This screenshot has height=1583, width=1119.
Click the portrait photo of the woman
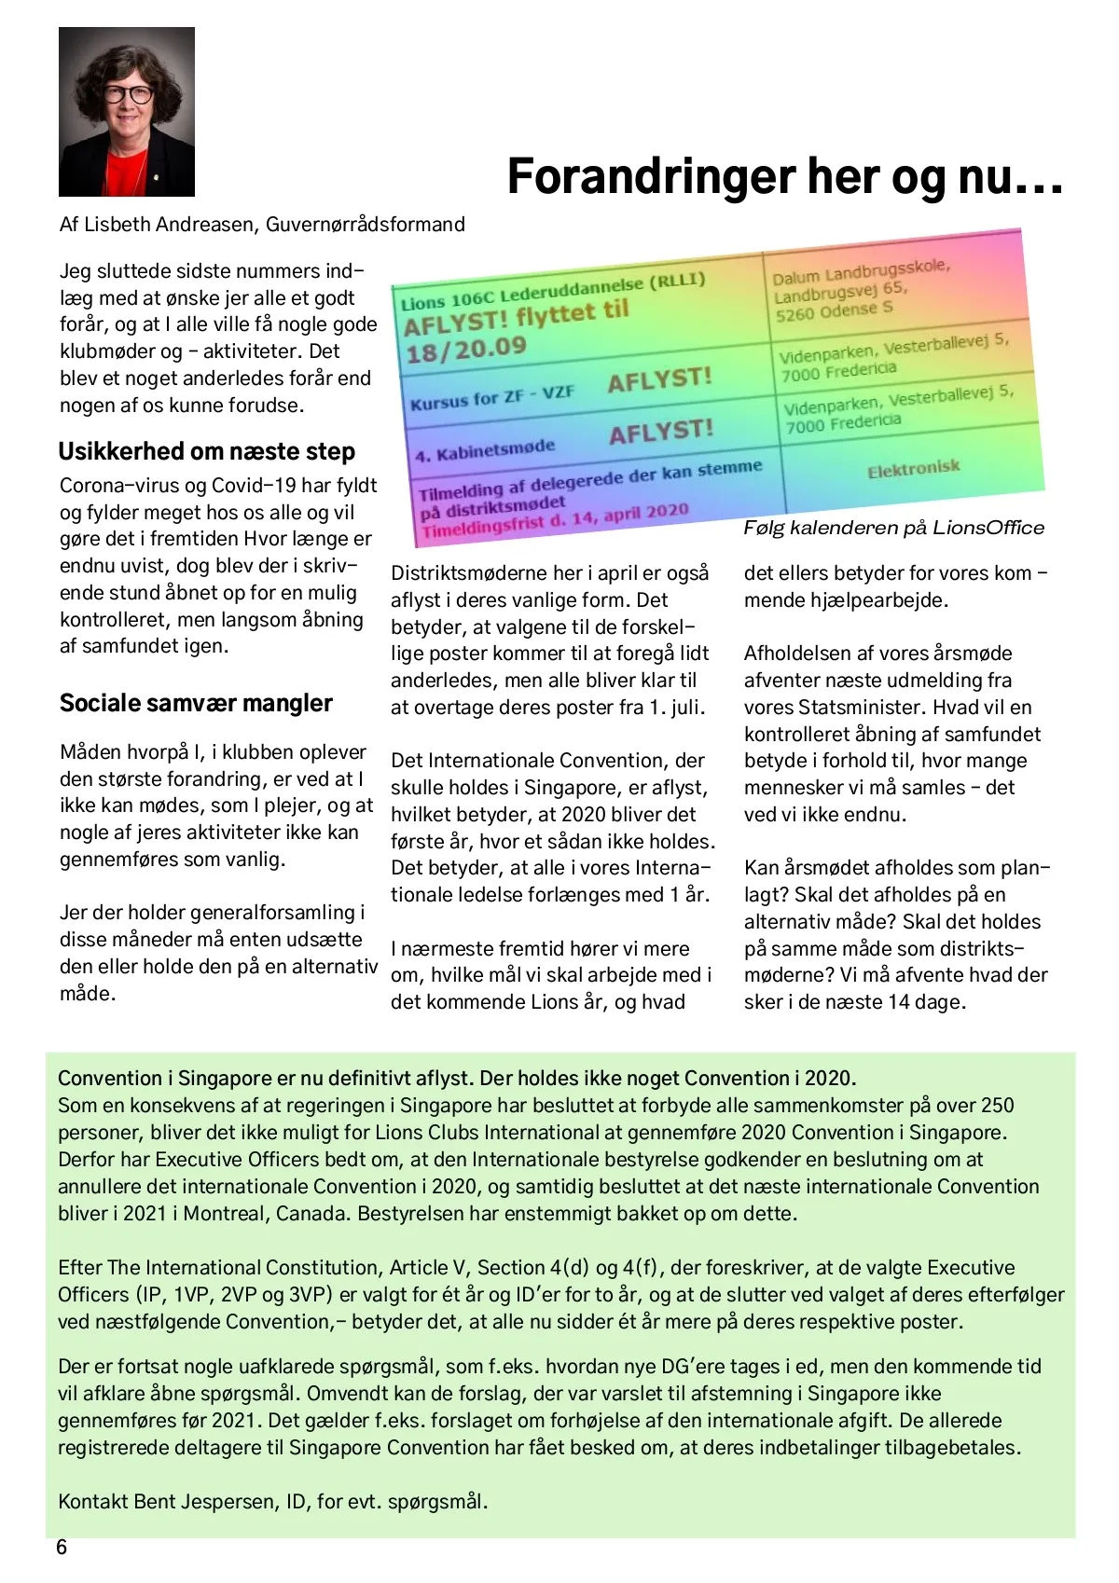pos(127,112)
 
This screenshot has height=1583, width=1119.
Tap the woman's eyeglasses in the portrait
pos(127,94)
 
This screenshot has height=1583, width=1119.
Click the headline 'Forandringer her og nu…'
pos(784,176)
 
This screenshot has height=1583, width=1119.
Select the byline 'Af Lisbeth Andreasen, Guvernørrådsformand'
pos(262,225)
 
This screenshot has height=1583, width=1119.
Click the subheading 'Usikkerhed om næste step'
pos(206,452)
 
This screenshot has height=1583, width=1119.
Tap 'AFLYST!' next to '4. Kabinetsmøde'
pos(661,432)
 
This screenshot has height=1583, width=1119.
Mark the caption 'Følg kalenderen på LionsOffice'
pos(893,528)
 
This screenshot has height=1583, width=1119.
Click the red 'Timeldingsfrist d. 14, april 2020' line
pos(555,519)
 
